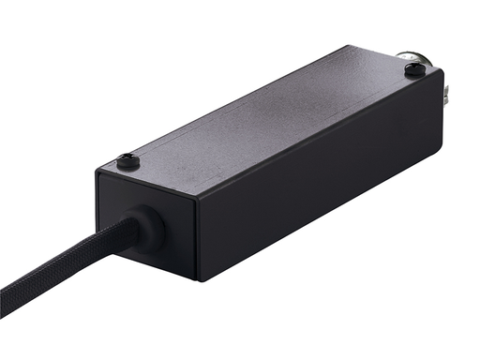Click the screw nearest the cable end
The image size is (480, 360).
(x=129, y=161)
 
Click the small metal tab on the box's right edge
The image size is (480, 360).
(x=451, y=89)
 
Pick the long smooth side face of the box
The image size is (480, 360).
(x=319, y=187)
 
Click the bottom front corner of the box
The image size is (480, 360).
(x=197, y=279)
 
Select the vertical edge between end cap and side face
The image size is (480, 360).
(x=196, y=239)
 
